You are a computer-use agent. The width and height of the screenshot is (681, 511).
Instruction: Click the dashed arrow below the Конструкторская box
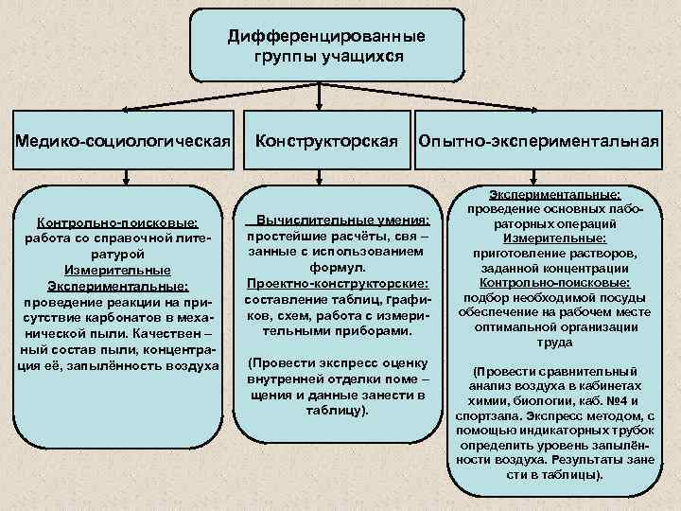coord(324,177)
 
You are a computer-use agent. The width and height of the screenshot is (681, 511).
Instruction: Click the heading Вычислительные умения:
coord(342,217)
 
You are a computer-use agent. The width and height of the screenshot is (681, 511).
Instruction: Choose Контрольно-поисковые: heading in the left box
coord(117,223)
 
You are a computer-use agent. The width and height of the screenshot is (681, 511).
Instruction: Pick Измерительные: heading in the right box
coord(535,240)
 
